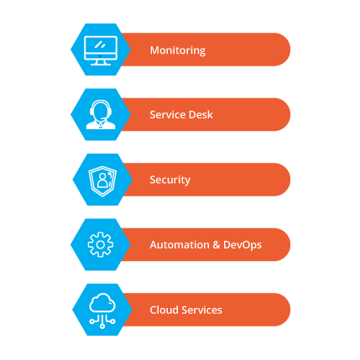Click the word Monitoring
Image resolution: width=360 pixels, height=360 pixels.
178,50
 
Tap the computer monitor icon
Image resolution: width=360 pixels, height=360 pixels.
101,50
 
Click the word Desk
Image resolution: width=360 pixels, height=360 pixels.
201,115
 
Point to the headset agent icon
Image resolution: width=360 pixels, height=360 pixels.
101,114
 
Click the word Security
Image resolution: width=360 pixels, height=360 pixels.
170,180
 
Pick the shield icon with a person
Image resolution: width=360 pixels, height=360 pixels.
102,181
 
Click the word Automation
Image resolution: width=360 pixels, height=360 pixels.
180,245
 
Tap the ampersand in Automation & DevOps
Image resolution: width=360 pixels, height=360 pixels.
217,245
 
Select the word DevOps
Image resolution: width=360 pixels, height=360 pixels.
243,245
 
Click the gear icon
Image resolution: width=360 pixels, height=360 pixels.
101,245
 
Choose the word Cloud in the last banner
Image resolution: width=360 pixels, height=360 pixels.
164,310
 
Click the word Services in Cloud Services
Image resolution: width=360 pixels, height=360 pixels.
202,310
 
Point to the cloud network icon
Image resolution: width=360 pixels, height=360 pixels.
102,310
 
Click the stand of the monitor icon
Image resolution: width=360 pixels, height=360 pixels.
101,62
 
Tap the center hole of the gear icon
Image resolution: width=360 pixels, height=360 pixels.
101,245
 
